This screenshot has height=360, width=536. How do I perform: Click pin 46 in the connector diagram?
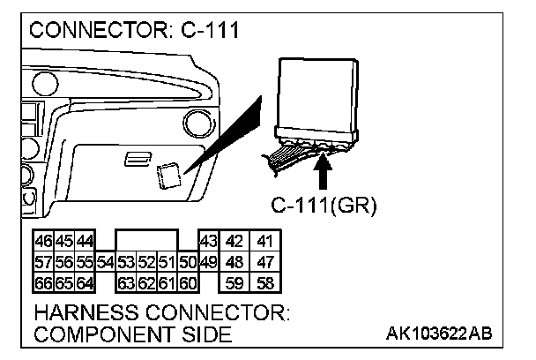pyautogui.click(x=42, y=242)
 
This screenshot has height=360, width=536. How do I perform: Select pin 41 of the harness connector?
pyautogui.click(x=264, y=242)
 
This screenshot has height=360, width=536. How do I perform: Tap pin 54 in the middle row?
pyautogui.click(x=106, y=262)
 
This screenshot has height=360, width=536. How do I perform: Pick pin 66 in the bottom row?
pyautogui.click(x=42, y=282)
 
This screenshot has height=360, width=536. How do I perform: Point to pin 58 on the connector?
pyautogui.click(x=264, y=282)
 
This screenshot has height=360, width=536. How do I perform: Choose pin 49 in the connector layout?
pyautogui.click(x=208, y=262)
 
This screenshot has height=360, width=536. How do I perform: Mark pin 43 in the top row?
pyautogui.click(x=209, y=242)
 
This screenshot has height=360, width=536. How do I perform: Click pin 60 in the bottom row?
pyautogui.click(x=188, y=282)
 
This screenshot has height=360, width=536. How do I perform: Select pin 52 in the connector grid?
pyautogui.click(x=147, y=262)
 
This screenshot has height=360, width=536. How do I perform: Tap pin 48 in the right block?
pyautogui.click(x=234, y=262)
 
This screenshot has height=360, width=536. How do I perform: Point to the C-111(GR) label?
pyautogui.click(x=323, y=206)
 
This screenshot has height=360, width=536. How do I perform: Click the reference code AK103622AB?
pyautogui.click(x=438, y=334)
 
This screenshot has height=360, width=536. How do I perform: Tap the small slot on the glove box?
pyautogui.click(x=136, y=157)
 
